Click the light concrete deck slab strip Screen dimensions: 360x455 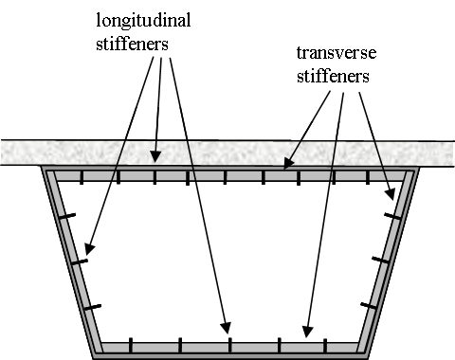tap(227, 152)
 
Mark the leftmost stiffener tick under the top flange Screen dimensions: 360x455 tap(82, 177)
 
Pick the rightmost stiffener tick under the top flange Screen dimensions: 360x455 tap(371, 177)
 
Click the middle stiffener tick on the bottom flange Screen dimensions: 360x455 tap(227, 343)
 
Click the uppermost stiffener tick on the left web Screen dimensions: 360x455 tap(65, 218)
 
